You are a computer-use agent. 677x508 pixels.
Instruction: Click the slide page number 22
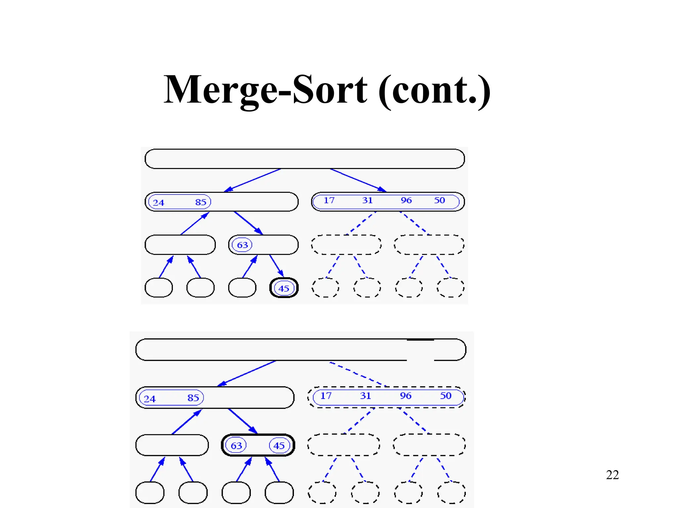[x=612, y=475]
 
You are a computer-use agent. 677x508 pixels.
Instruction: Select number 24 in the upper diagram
[x=158, y=202]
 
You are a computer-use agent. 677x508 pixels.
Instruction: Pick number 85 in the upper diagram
[x=201, y=202]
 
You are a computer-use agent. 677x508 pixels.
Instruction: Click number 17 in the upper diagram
[x=329, y=200]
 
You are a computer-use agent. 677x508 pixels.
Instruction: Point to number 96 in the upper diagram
[x=406, y=200]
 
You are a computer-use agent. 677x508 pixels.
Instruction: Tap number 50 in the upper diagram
[x=439, y=200]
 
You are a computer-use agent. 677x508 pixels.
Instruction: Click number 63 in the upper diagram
[x=242, y=245]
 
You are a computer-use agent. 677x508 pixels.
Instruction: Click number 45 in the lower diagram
[x=279, y=445]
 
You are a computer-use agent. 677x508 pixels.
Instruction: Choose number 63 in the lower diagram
[x=236, y=445]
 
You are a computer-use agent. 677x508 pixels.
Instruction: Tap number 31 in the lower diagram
[x=365, y=396]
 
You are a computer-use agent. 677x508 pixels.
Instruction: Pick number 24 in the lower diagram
[x=149, y=399]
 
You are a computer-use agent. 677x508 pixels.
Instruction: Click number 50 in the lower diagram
[x=446, y=396]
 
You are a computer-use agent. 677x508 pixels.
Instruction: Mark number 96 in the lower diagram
[x=406, y=396]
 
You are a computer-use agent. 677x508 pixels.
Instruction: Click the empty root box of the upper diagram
[x=304, y=159]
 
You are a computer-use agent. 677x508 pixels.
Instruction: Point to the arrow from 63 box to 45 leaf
[x=276, y=266]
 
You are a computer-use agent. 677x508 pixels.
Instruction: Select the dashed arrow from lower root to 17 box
[x=359, y=374]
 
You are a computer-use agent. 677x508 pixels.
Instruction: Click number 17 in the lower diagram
[x=326, y=396]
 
